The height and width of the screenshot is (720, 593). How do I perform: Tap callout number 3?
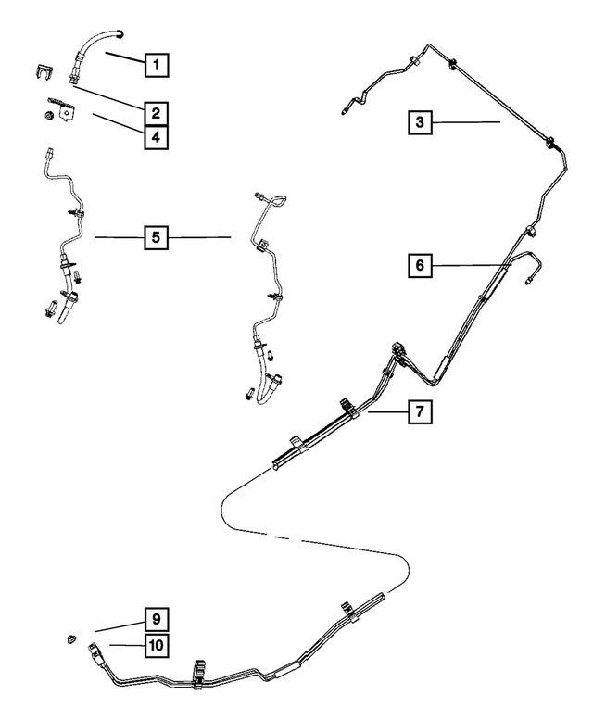[420, 121]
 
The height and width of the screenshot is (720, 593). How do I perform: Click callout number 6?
[420, 266]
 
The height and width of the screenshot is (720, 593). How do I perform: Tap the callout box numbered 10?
[157, 644]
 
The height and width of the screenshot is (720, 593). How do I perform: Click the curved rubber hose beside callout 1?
[93, 45]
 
